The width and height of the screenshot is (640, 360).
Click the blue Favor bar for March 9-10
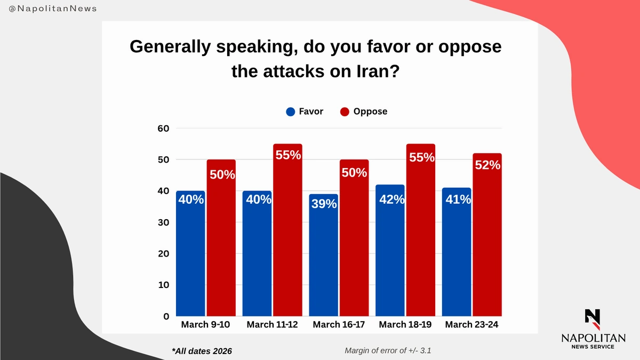click(x=190, y=256)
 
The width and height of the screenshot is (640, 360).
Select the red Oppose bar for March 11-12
click(x=287, y=235)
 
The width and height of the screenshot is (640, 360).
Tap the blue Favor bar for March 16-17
click(x=323, y=259)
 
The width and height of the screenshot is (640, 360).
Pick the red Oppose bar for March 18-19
click(x=420, y=235)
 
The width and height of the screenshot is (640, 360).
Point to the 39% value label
click(x=324, y=203)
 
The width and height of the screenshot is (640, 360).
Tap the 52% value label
click(x=487, y=165)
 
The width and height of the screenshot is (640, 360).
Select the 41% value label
click(x=457, y=199)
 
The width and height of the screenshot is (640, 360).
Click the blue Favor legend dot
click(x=291, y=112)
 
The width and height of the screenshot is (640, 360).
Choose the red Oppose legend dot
click(x=345, y=112)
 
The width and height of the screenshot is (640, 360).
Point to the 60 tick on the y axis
click(x=163, y=129)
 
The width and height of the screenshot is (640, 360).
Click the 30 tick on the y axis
click(x=163, y=222)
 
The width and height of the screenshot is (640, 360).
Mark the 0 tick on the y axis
click(x=166, y=316)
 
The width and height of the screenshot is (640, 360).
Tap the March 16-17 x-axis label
click(x=338, y=325)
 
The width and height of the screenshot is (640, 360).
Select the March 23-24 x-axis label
click(x=471, y=325)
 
